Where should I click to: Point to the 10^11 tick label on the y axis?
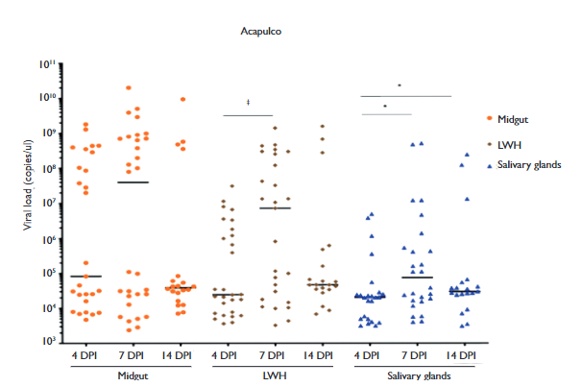(x=48, y=63)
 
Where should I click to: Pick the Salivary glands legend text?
(x=527, y=165)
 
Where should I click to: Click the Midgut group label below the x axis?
(x=135, y=375)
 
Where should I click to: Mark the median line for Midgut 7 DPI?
(x=132, y=182)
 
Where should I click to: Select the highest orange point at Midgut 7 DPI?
(x=129, y=87)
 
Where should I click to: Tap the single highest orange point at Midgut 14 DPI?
(x=182, y=99)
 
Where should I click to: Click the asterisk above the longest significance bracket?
(x=399, y=85)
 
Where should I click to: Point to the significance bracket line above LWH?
(x=248, y=115)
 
